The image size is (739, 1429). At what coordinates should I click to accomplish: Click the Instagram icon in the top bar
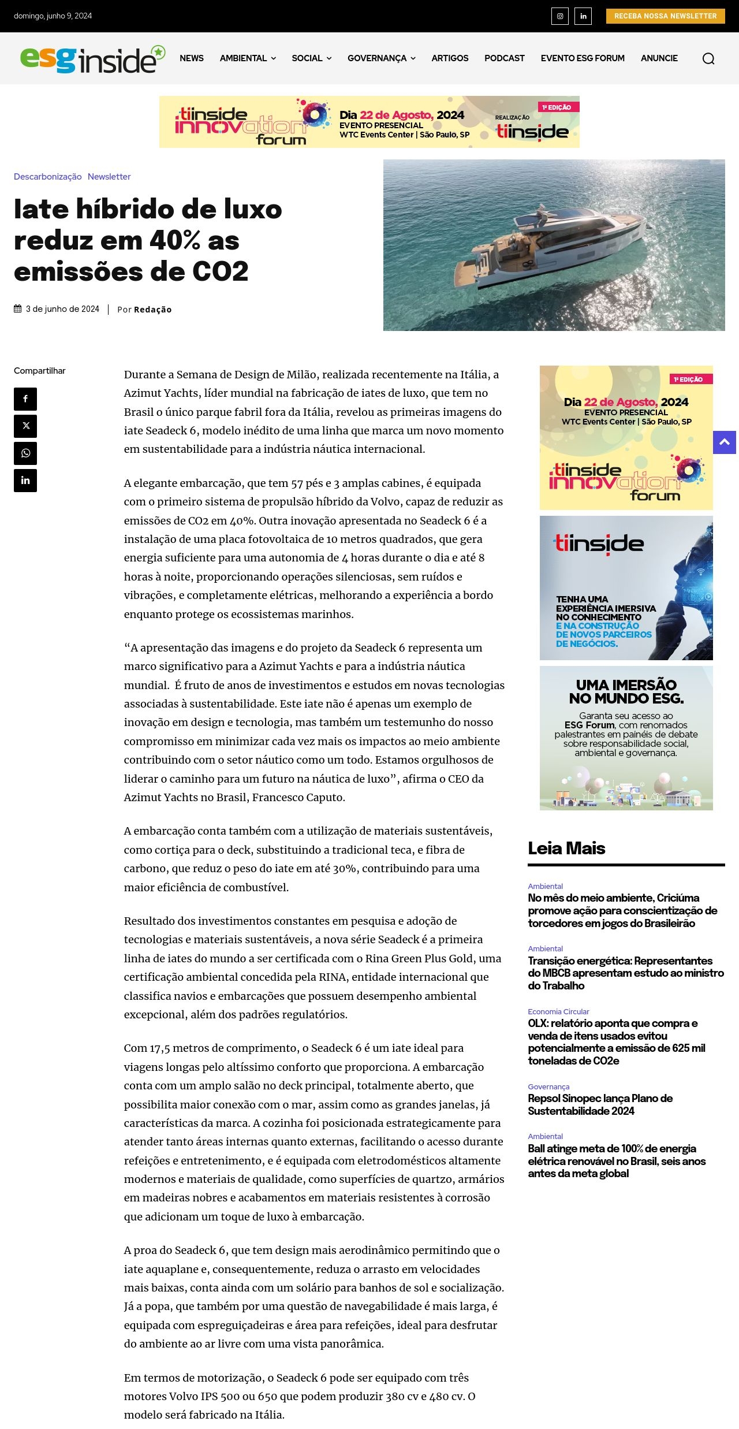point(559,16)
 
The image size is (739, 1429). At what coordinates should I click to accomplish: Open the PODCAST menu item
point(504,58)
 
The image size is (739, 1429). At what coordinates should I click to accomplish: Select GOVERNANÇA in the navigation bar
point(381,58)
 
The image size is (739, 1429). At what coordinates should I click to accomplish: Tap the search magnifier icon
point(708,58)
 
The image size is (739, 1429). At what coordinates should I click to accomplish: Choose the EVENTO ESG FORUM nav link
point(582,58)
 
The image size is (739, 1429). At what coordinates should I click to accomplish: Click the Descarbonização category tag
point(48,177)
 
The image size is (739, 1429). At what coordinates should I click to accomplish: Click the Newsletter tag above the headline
point(109,177)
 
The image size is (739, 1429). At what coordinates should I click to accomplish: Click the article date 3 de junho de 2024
point(62,309)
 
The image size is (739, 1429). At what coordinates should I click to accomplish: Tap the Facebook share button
point(25,399)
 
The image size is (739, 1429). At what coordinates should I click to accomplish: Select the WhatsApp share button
point(25,453)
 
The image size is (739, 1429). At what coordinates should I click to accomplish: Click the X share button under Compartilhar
point(25,426)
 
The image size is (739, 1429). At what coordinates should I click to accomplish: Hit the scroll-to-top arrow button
point(724,442)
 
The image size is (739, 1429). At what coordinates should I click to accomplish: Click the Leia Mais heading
point(566,849)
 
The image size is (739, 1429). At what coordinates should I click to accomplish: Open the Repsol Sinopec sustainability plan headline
point(600,1104)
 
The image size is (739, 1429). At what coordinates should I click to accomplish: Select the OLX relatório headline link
point(616,1042)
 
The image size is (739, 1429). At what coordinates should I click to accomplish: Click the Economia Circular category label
point(558,1011)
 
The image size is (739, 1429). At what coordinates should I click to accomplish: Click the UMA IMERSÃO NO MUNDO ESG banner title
point(626,691)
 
